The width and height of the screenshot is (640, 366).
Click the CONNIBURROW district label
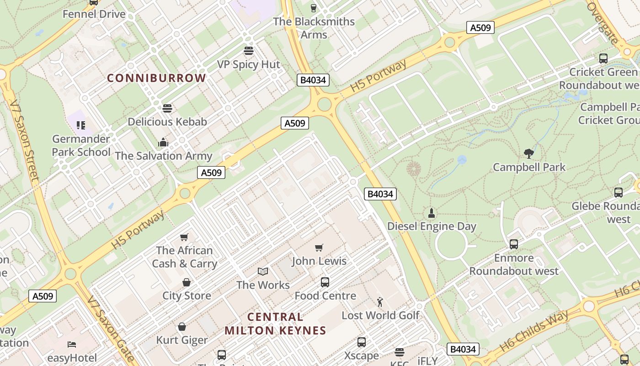156,78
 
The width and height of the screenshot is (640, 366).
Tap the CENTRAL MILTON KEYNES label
275,323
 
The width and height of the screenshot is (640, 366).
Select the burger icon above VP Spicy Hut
249,50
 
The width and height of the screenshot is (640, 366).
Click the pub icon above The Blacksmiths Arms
314,8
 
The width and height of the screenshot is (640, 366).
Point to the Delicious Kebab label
167,122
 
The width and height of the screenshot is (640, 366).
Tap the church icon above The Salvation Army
163,142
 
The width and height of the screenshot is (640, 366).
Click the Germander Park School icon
81,125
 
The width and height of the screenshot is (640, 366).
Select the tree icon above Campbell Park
529,154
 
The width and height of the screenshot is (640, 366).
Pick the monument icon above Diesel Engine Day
431,213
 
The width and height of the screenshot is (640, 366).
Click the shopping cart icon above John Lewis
319,248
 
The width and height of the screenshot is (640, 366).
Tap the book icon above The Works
263,272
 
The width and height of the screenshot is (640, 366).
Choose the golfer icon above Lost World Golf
380,302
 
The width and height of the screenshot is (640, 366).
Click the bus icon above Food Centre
325,282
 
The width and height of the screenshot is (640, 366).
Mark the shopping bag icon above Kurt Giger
182,327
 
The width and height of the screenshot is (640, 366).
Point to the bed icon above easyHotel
72,344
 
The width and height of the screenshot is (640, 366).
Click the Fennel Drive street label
94,14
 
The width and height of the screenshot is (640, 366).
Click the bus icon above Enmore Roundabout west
514,244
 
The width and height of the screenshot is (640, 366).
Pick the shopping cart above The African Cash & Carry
184,237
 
